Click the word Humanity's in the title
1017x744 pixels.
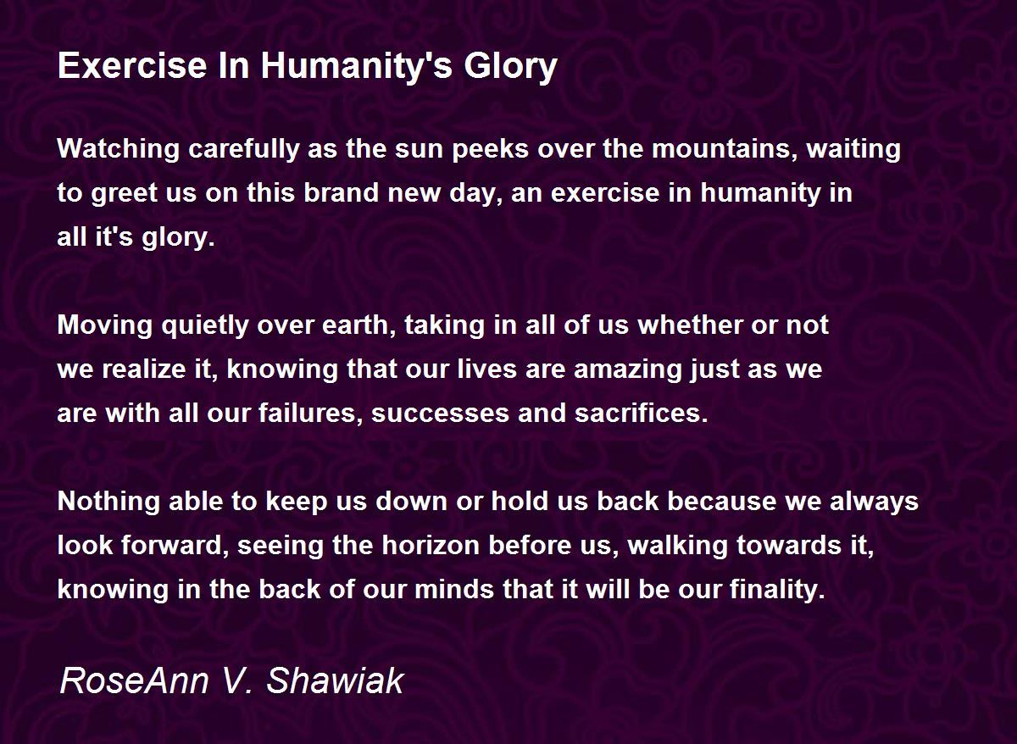pyautogui.click(x=357, y=66)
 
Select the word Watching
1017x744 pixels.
pyautogui.click(x=119, y=150)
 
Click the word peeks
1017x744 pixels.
pyautogui.click(x=491, y=151)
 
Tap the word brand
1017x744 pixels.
pyautogui.click(x=342, y=192)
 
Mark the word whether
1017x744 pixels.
pyautogui.click(x=689, y=325)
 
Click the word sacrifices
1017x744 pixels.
pyautogui.click(x=641, y=414)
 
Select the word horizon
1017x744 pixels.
pyautogui.click(x=431, y=546)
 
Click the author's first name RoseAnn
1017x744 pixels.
pyautogui.click(x=135, y=681)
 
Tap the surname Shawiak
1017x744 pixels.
pyautogui.click(x=335, y=681)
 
